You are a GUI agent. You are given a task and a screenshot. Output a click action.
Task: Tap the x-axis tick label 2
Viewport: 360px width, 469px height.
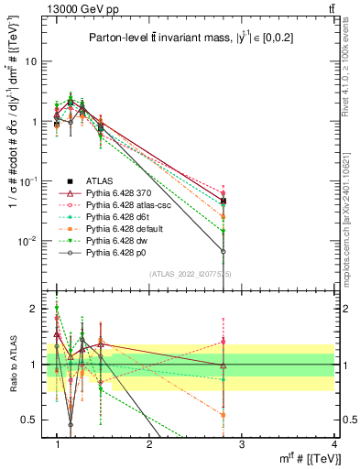(149, 442)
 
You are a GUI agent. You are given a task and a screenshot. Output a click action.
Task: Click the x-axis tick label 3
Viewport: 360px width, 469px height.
(241, 442)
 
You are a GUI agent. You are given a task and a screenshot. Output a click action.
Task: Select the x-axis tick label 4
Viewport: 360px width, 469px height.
(333, 442)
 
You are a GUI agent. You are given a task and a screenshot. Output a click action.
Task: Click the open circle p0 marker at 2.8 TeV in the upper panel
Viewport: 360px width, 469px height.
(224, 251)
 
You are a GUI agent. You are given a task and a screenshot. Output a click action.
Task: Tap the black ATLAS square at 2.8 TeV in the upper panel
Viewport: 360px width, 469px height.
(224, 201)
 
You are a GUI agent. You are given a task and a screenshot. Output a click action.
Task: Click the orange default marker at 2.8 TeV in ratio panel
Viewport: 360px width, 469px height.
(224, 415)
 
